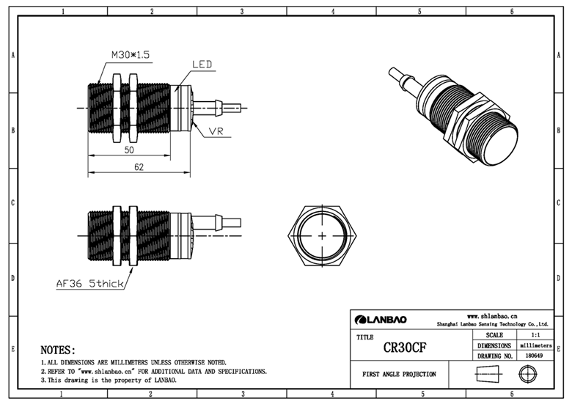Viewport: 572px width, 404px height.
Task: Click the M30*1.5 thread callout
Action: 131,55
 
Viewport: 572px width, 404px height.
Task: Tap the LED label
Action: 202,65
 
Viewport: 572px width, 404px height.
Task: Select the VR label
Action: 216,131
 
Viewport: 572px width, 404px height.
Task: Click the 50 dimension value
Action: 129,150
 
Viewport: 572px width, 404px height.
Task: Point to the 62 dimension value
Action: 139,167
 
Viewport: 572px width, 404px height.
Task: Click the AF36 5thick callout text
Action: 89,283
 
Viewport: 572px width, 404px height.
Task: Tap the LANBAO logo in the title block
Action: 381,320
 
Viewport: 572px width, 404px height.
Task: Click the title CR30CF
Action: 405,348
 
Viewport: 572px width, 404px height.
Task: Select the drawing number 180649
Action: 535,356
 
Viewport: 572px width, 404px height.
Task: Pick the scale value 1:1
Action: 535,335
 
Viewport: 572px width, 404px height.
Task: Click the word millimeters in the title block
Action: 535,345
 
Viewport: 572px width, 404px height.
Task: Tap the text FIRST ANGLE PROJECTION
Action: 399,374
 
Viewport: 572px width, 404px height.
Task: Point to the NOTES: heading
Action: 58,350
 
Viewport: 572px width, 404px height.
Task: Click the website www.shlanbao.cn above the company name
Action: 492,316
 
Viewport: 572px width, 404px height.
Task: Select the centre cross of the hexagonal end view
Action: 323,236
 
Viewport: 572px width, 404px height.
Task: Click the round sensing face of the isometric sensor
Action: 499,145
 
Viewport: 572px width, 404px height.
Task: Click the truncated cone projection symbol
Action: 489,374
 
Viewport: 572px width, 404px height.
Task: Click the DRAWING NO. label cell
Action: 495,356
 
